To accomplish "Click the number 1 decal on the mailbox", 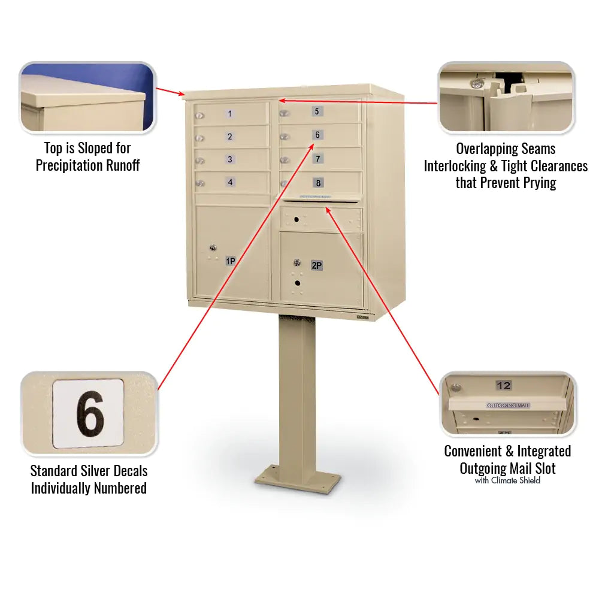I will pos(231,114).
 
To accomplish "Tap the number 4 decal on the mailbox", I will pos(230,182).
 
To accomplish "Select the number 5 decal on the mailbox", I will pos(317,111).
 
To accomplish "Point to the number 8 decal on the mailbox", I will pos(318,183).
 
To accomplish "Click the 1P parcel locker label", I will pos(230,261).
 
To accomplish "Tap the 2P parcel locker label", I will pos(316,265).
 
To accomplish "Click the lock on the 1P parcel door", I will pos(212,247).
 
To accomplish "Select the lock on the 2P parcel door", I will pos(297,262).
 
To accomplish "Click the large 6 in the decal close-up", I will pos(90,414).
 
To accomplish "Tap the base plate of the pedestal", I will pos(298,479).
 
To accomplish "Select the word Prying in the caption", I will pos(536,183).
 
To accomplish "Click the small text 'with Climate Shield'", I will pos(507,480).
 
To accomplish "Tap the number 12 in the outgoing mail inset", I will pos(504,385).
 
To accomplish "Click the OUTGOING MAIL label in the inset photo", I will pos(508,406).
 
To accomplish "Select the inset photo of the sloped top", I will pos(87,97).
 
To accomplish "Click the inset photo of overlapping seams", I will pos(506,97).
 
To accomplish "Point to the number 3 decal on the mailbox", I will pos(230,159).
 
